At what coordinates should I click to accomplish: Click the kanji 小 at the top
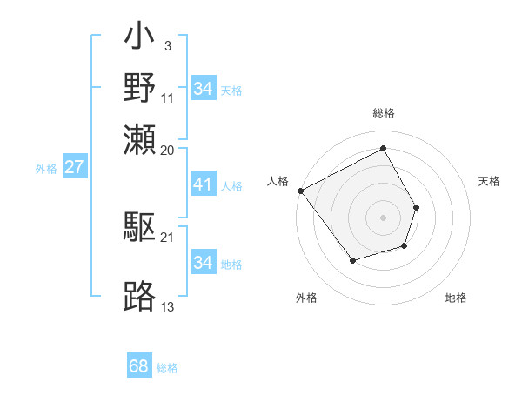click(140, 40)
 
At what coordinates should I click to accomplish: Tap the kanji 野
click(140, 88)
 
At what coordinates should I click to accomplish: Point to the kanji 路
click(140, 297)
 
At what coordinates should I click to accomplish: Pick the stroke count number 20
click(168, 150)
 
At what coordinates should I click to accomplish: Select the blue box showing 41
click(203, 184)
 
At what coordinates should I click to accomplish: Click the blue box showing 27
click(74, 167)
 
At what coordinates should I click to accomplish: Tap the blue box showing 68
click(139, 366)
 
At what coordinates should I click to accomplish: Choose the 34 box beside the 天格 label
click(203, 89)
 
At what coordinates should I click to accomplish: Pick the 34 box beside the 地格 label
click(203, 263)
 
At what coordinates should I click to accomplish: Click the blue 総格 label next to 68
click(167, 368)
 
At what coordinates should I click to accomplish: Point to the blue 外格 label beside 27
click(46, 169)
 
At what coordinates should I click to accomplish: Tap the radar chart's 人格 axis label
click(278, 181)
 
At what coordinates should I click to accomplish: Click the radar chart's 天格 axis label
click(490, 181)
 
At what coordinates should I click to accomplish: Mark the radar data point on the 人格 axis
click(301, 191)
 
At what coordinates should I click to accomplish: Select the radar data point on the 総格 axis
click(384, 149)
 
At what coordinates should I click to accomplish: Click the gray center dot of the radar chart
click(384, 217)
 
